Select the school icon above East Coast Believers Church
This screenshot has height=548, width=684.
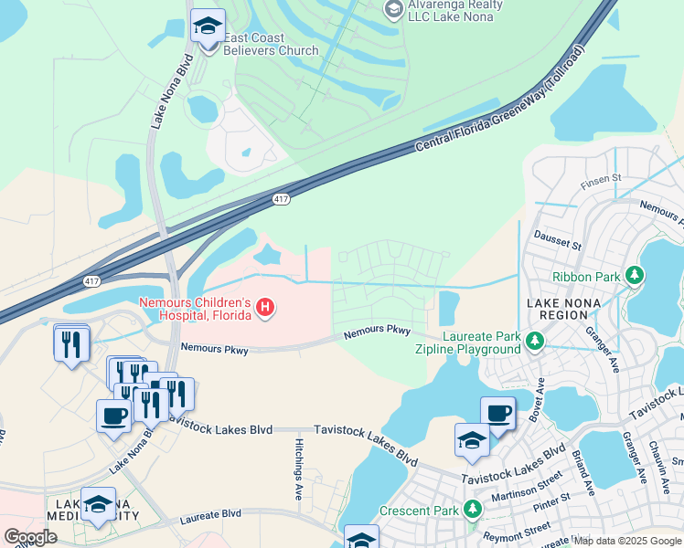point(208,26)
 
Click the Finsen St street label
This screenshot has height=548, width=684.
point(604,177)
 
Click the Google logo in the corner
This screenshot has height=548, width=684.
point(30,537)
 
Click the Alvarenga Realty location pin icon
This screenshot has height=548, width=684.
point(393,10)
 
